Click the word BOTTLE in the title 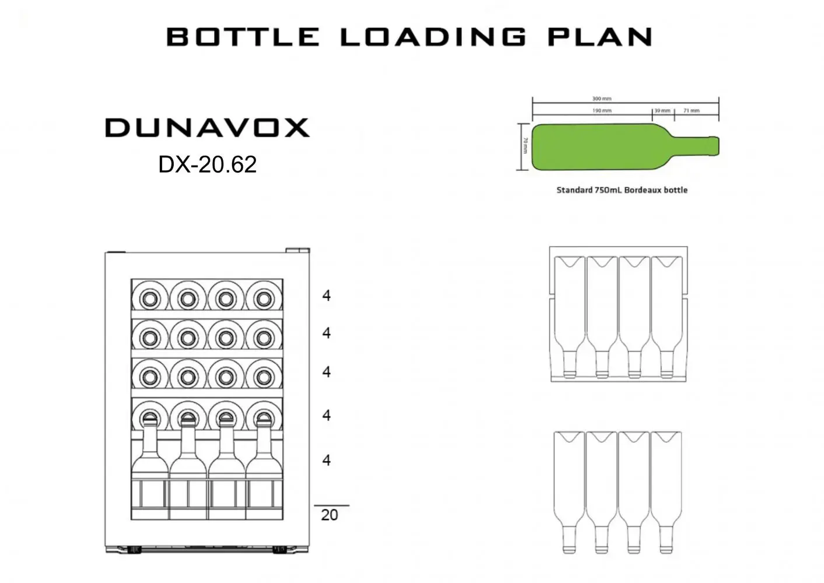[243, 37]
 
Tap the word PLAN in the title [599, 37]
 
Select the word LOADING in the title [433, 37]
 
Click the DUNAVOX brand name [207, 128]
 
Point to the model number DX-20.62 [207, 164]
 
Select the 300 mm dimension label [602, 99]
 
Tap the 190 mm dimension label [602, 111]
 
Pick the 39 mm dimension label [662, 111]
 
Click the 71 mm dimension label [691, 111]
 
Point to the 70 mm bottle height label [525, 146]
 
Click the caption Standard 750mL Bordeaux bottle [622, 190]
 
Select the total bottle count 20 [329, 515]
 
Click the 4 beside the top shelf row [327, 296]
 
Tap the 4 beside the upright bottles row [327, 460]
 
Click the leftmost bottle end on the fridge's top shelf [150, 298]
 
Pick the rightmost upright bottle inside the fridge [264, 466]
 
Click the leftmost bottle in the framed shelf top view [570, 315]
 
